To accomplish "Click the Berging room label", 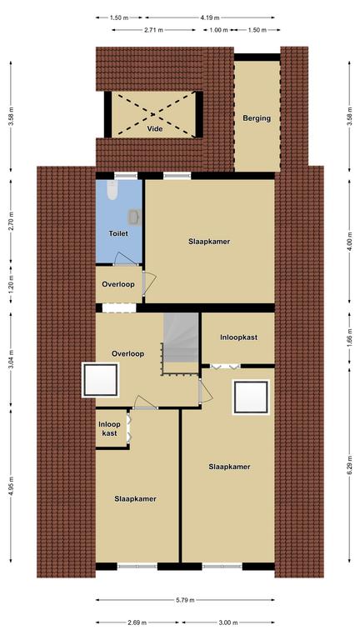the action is [257, 118].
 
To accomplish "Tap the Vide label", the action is [155, 128].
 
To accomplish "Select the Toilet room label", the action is [118, 233].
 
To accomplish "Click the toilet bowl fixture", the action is [112, 190].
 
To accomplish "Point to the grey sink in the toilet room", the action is [135, 217].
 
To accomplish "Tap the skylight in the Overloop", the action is [100, 380].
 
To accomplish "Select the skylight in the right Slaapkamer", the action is [251, 397].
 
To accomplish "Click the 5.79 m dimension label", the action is [185, 600].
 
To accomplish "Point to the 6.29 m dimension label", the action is [350, 465].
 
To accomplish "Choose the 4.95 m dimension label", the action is [11, 485].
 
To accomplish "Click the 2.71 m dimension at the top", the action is [154, 30].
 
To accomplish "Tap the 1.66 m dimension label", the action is [350, 338].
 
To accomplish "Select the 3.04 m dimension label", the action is [11, 359].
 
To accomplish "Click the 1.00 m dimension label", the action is [219, 30].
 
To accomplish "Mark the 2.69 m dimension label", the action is [137, 622].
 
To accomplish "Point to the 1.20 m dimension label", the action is [11, 284].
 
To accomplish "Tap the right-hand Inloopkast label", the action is [238, 337].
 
